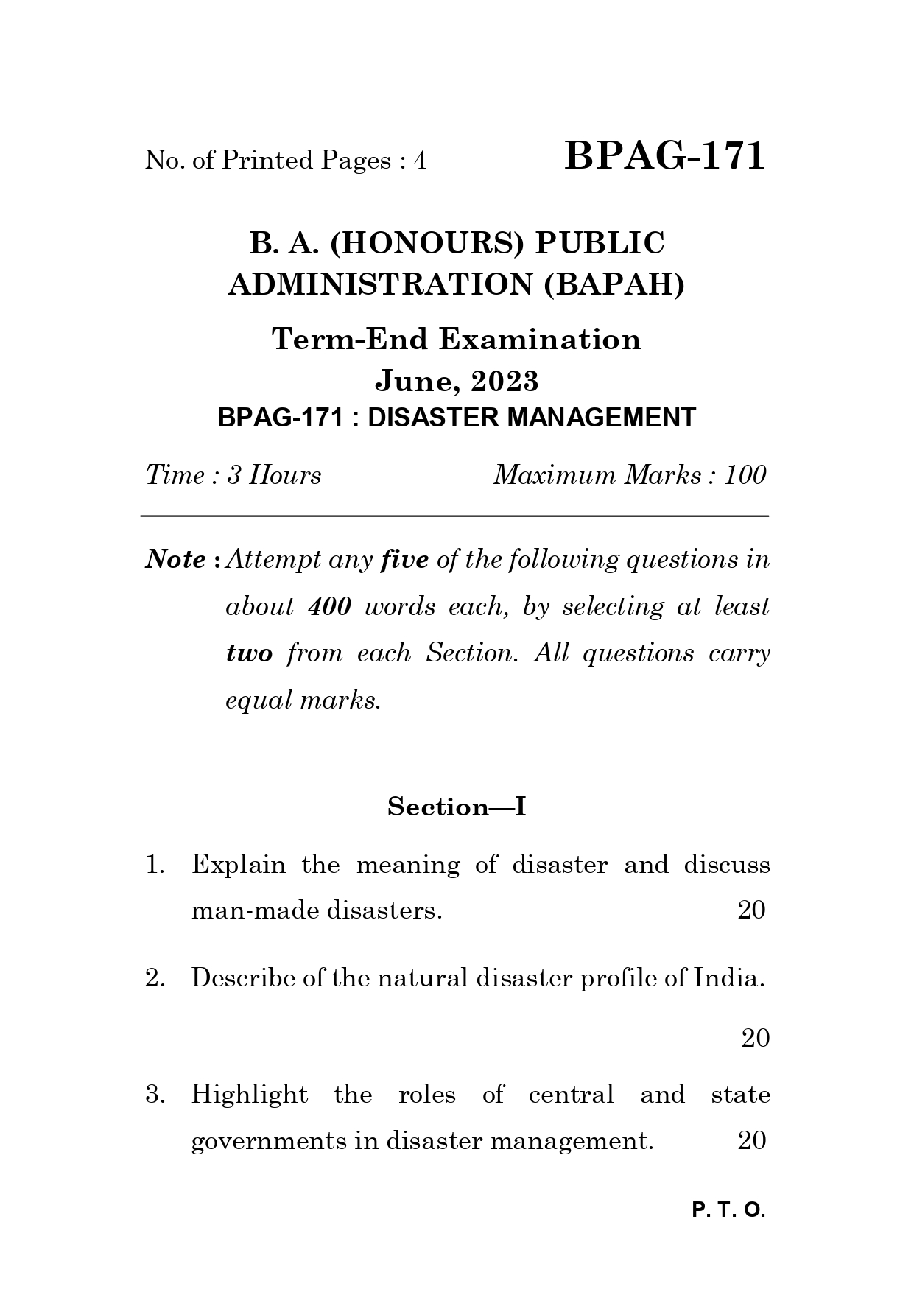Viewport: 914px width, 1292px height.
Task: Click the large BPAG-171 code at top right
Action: (x=665, y=156)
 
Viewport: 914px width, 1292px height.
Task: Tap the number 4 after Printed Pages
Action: (x=420, y=160)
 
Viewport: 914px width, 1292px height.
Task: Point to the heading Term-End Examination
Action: (x=457, y=340)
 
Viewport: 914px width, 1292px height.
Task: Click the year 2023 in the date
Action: (x=505, y=381)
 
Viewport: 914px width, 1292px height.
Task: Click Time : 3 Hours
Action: (x=233, y=475)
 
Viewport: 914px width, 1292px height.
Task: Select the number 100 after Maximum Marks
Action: (x=745, y=475)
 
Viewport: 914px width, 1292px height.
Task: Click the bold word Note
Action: (x=175, y=560)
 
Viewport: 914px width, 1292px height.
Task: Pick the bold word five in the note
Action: (x=404, y=560)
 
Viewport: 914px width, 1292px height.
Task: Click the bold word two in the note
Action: (x=249, y=653)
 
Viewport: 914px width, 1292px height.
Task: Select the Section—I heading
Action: (x=457, y=807)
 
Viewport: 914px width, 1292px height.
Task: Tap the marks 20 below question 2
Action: (x=755, y=1038)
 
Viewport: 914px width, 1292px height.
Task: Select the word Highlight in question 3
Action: (x=250, y=1095)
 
